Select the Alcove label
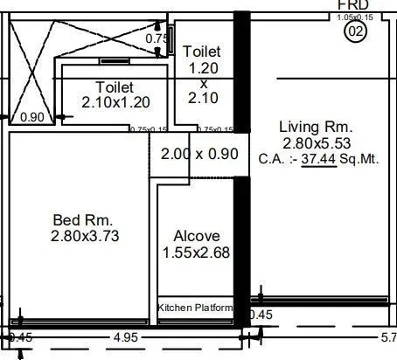[197, 236]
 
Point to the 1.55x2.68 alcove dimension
[197, 253]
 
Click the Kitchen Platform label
[195, 308]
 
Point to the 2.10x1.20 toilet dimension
[115, 102]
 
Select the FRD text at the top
[353, 5]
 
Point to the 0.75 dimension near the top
[156, 38]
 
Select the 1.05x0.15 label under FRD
[353, 17]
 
